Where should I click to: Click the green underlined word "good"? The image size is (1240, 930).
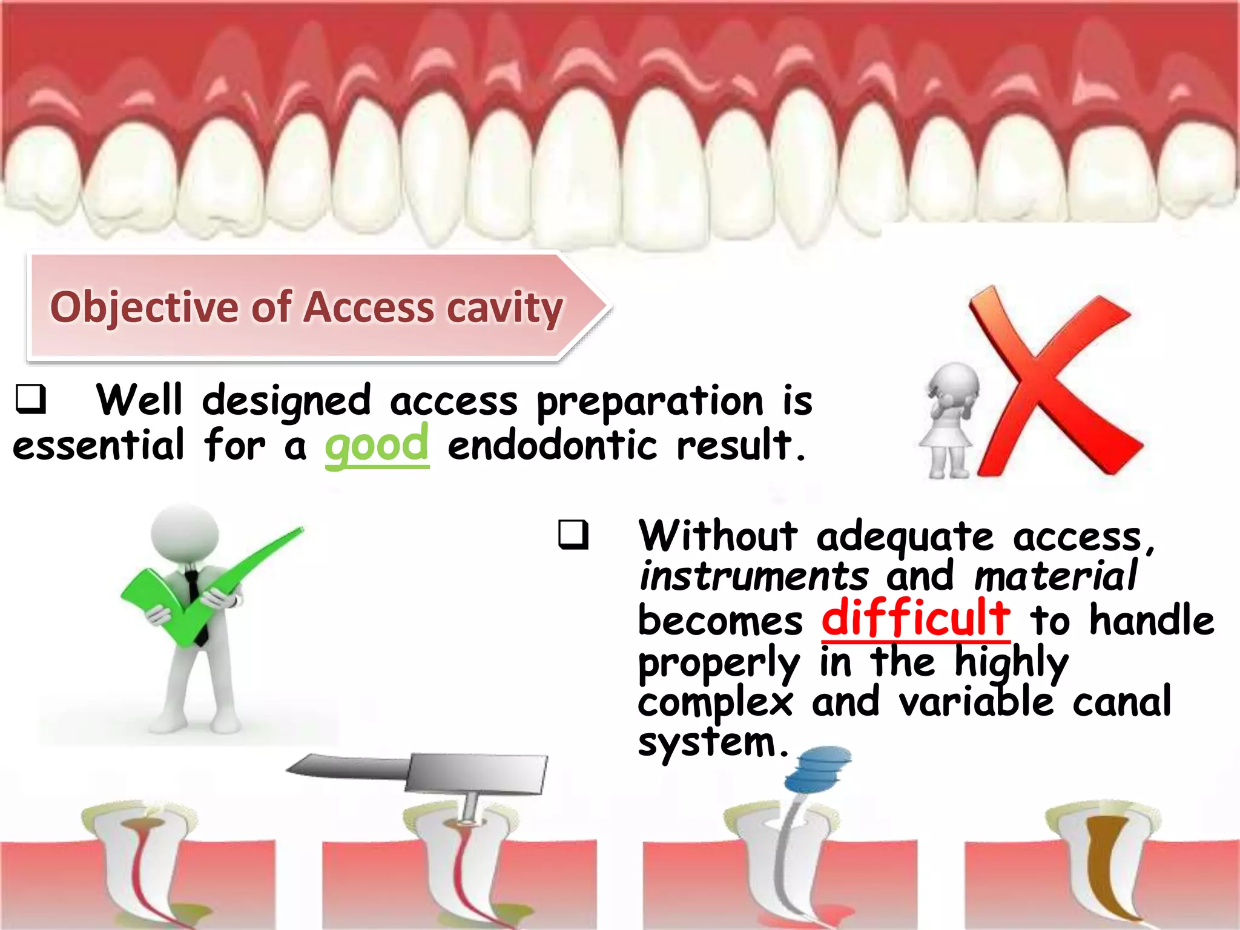coord(377,446)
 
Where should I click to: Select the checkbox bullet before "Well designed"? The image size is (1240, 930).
coord(30,400)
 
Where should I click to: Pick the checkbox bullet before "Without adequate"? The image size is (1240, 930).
coord(573,535)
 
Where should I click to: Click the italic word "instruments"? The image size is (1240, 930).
coord(754,576)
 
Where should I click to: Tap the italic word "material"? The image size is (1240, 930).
coord(1056,576)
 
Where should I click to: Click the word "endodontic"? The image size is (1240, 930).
coord(552,446)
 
